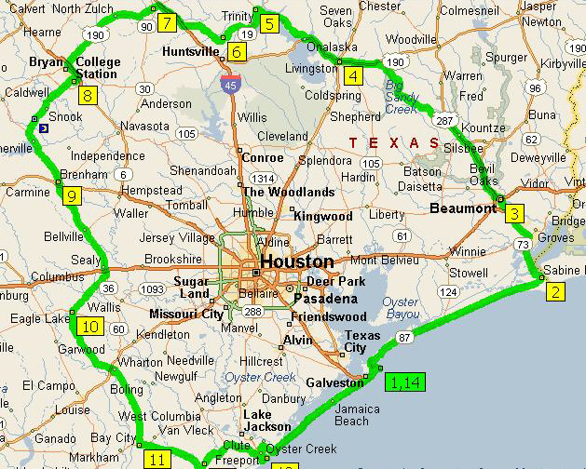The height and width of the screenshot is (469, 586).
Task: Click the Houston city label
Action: pos(296,261)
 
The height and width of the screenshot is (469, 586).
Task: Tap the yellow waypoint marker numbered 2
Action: pos(555,291)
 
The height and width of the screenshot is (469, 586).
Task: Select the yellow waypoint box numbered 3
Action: pos(515,214)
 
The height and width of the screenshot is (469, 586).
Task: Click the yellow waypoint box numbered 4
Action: pos(351,76)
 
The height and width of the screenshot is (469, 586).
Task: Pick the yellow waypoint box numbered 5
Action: pos(269,23)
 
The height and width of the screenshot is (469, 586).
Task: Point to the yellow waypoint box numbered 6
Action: pos(237,51)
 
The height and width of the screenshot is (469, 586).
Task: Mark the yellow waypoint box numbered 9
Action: pos(71,194)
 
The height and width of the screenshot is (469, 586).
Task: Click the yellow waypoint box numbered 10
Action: pos(90,326)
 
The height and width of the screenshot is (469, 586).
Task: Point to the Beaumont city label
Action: pos(462,208)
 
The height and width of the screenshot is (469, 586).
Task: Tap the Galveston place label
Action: pos(330,382)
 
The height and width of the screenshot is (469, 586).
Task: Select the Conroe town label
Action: pos(262,157)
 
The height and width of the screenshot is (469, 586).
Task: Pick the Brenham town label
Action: pos(84,174)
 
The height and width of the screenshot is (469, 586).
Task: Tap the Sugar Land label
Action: pos(191,287)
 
